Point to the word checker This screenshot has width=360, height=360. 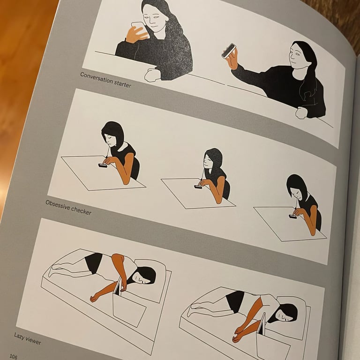point(82,211)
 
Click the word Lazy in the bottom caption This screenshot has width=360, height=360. point(19,336)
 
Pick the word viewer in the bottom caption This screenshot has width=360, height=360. point(34,341)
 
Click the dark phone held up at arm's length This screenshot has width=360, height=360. point(228,50)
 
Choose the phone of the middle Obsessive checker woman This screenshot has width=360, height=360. point(198,187)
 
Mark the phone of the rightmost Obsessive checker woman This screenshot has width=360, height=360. point(293,216)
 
